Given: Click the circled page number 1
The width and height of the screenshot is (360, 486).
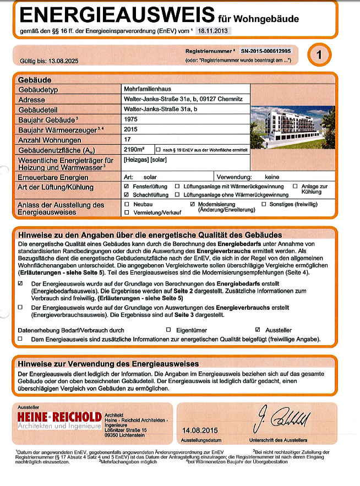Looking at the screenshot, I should click(x=322, y=55).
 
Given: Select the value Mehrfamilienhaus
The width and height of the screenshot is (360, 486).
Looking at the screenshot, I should click(x=148, y=89).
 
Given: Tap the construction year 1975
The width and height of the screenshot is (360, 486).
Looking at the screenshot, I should click(x=131, y=119).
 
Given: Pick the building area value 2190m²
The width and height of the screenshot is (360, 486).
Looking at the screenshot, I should click(x=134, y=149).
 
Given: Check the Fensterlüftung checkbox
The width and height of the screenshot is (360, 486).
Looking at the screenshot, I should click(x=127, y=187).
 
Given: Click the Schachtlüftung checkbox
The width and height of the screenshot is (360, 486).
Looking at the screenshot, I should click(x=127, y=195).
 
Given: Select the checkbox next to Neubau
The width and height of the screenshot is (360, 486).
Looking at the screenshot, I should click(x=127, y=204).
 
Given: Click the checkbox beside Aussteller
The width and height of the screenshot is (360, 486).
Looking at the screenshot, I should click(x=250, y=329).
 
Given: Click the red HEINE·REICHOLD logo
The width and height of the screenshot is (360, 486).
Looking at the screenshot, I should click(x=59, y=416).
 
